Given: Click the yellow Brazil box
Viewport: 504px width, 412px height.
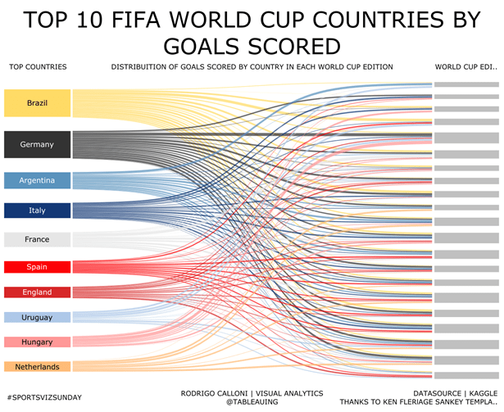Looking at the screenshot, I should [x=37, y=103].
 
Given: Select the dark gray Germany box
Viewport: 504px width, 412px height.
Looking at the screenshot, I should [x=37, y=144].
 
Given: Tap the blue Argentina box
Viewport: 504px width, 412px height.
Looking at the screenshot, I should [x=37, y=180].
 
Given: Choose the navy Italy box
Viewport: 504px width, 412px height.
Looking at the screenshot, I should [x=37, y=211].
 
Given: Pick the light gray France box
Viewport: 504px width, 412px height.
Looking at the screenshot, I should [x=37, y=240].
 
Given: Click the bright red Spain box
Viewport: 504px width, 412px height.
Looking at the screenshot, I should [x=37, y=267].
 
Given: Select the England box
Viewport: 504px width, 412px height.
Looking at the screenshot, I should [x=37, y=292].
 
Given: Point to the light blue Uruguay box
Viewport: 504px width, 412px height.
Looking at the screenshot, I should [x=37, y=317].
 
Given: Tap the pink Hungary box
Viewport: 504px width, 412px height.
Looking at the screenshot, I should [x=37, y=342].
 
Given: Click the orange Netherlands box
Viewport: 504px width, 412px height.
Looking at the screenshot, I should [x=37, y=367].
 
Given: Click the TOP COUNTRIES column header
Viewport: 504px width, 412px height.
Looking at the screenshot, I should [x=38, y=67].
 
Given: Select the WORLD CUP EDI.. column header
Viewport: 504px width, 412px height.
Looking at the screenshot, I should [x=465, y=67].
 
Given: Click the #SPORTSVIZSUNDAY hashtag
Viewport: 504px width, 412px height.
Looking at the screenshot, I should [x=43, y=397].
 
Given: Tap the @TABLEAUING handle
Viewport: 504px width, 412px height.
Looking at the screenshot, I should [x=252, y=401].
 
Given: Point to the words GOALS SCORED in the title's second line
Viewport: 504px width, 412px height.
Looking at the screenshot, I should [x=252, y=45].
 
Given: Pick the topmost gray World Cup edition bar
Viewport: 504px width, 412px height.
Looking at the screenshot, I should [x=465, y=85].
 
